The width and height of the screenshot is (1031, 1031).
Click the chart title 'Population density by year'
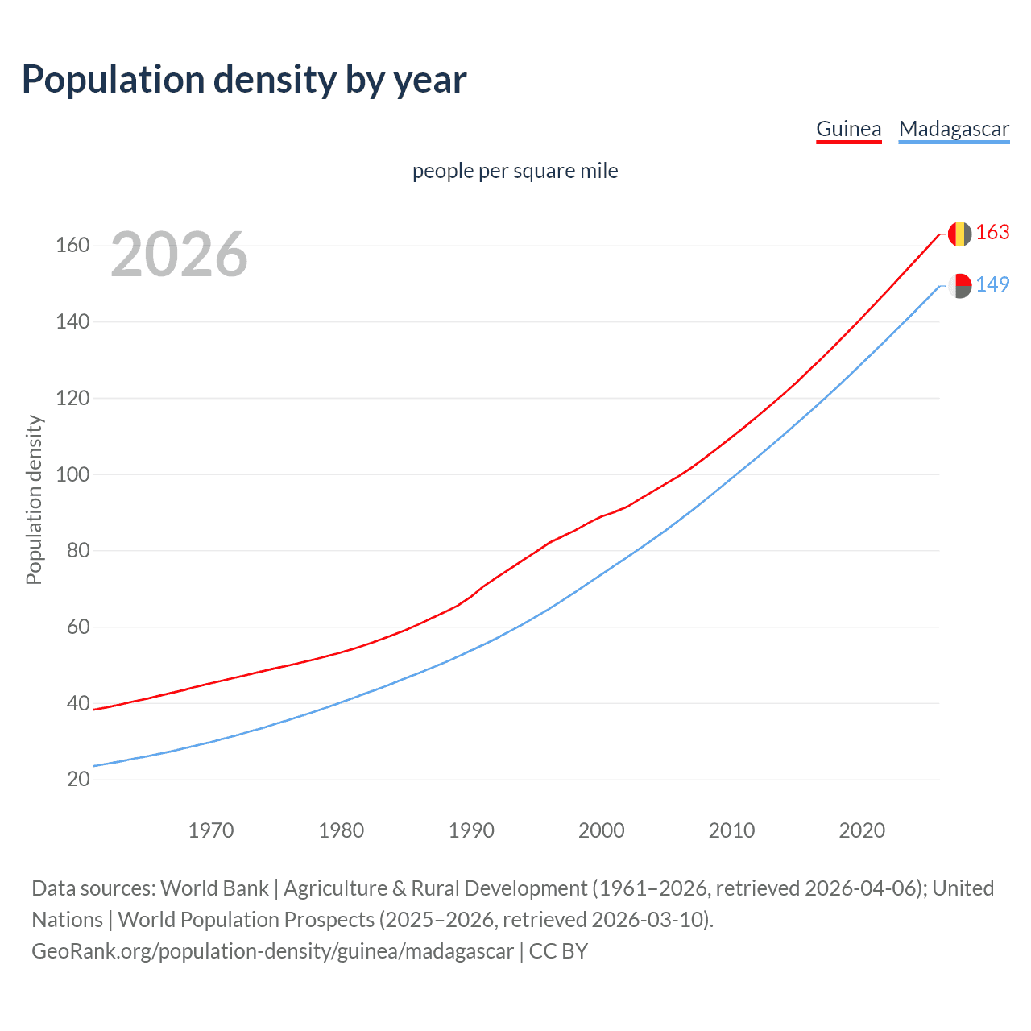click(244, 80)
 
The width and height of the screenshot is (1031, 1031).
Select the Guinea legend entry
click(848, 129)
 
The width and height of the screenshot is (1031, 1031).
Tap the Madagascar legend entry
click(954, 129)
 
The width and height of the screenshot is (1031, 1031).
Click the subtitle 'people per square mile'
click(515, 171)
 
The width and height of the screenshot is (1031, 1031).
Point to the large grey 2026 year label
click(179, 255)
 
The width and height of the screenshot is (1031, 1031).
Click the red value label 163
click(992, 233)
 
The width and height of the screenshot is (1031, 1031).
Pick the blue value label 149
click(992, 285)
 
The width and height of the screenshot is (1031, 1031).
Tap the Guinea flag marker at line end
click(959, 234)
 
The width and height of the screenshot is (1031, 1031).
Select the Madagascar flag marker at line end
click(959, 285)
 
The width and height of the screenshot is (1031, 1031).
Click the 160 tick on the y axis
click(72, 246)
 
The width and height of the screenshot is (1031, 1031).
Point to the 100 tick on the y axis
click(72, 474)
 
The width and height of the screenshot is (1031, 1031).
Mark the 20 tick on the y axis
click(78, 780)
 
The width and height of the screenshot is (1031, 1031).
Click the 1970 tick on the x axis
click(211, 830)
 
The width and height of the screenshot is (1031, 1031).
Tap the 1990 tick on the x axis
click(471, 830)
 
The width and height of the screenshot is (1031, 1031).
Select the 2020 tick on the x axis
click(862, 830)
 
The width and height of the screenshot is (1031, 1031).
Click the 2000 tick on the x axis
click(602, 830)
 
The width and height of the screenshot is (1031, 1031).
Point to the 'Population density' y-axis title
click(34, 499)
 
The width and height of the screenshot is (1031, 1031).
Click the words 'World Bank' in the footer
click(214, 888)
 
